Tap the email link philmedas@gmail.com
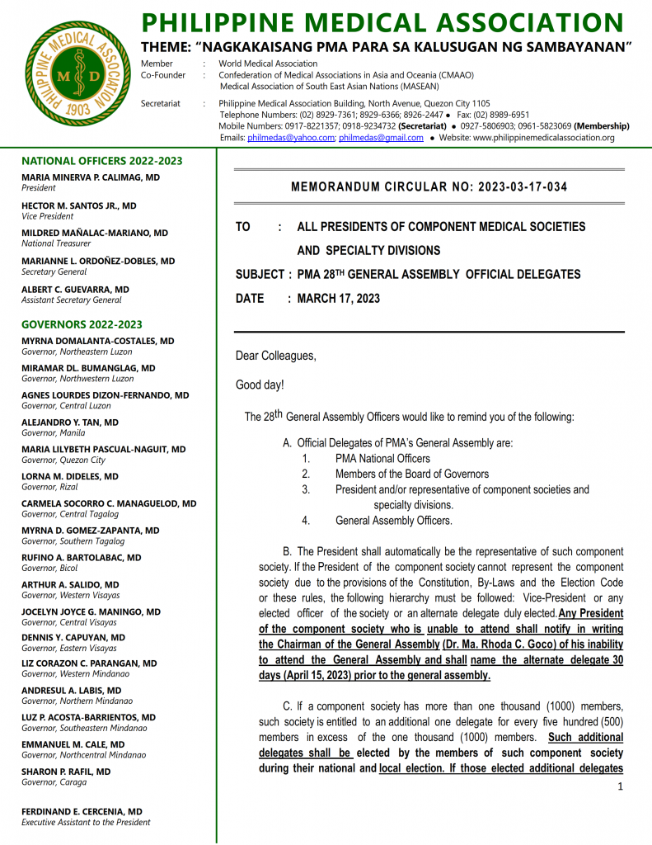pyautogui.click(x=381, y=138)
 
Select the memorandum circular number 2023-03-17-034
pyautogui.click(x=520, y=187)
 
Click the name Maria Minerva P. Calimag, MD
pyautogui.click(x=91, y=177)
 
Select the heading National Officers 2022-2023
pyautogui.click(x=102, y=161)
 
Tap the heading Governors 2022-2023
pyautogui.click(x=82, y=324)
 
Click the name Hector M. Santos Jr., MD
pyautogui.click(x=79, y=205)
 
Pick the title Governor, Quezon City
pyautogui.click(x=63, y=460)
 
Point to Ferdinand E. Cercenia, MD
pyautogui.click(x=82, y=812)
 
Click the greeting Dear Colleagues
pyautogui.click(x=275, y=356)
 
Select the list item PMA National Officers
pyautogui.click(x=382, y=459)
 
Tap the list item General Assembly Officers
pyautogui.click(x=393, y=521)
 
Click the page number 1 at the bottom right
pyautogui.click(x=620, y=786)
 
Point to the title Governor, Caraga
pyautogui.click(x=54, y=782)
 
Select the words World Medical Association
pyautogui.click(x=268, y=64)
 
